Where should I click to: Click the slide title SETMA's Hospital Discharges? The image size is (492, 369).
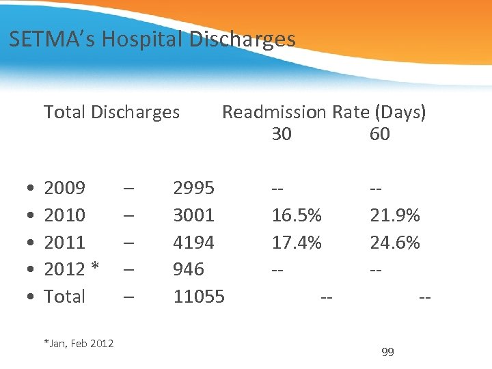pos(152,39)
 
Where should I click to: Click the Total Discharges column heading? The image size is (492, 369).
pos(111,112)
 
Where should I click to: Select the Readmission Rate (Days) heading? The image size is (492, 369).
pos(324,112)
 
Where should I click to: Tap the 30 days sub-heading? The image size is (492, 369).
pos(282,134)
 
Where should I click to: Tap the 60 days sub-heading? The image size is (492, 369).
pos(379,134)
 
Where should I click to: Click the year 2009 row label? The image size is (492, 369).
pos(64,188)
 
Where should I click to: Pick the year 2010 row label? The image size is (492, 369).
pos(64,215)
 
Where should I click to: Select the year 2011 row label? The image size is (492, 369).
pos(64,243)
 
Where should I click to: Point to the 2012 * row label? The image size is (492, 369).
pos(72,269)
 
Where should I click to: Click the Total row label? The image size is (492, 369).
pos(64,297)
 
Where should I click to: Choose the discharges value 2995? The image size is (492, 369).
pos(193,188)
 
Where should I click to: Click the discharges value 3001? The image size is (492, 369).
pos(193,215)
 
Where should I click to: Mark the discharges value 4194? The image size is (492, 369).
pos(193,243)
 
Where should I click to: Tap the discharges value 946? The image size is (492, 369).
pos(188,269)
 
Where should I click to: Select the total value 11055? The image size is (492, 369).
pos(199,297)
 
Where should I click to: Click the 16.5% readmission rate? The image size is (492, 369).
pos(297,215)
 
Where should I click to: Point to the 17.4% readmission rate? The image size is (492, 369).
pos(297,243)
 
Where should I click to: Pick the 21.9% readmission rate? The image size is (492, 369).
pos(395,215)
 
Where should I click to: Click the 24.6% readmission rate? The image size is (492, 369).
pos(395,243)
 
